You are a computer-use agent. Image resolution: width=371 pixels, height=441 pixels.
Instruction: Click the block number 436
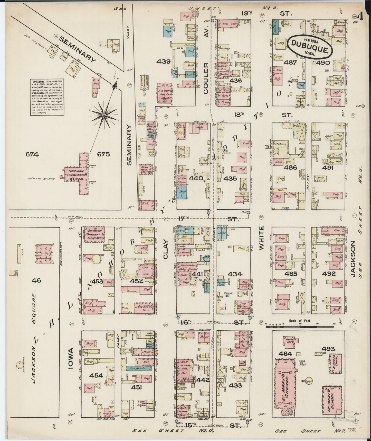236,81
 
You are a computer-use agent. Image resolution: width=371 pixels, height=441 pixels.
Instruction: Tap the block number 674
32,154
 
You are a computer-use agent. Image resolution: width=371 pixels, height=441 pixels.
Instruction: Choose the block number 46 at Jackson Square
36,280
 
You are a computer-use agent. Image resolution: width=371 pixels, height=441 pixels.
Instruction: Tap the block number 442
203,379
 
